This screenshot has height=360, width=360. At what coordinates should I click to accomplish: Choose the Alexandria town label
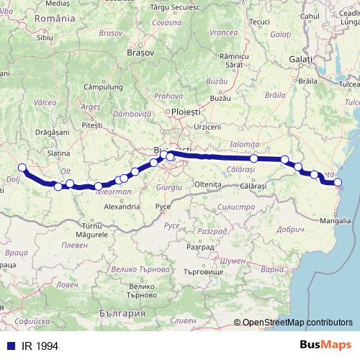click(x=122, y=207)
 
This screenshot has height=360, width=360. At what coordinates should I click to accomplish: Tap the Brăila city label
click(x=310, y=81)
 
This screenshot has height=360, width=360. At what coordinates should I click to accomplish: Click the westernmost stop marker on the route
click(x=22, y=168)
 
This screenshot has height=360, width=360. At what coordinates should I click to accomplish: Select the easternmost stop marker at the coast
click(x=338, y=183)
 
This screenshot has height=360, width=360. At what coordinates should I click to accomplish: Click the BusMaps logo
click(x=325, y=344)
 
